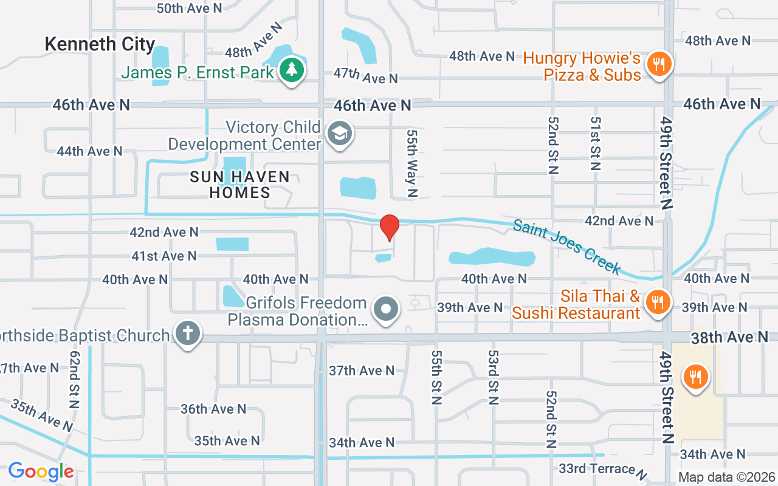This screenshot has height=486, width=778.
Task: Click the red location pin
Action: pyautogui.click(x=389, y=228)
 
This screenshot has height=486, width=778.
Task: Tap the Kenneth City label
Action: pyautogui.click(x=100, y=44)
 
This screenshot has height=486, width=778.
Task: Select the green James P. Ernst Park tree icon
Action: pyautogui.click(x=292, y=70)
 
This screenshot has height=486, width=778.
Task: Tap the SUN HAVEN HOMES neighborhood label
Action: pyautogui.click(x=240, y=185)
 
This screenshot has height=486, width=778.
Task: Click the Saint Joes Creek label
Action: pyautogui.click(x=567, y=247)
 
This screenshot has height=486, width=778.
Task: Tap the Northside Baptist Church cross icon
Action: pyautogui.click(x=188, y=334)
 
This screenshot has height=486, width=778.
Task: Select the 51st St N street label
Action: pyautogui.click(x=594, y=143)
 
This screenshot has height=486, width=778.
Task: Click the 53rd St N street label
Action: pyautogui.click(x=493, y=377)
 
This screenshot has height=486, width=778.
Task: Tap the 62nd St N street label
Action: pyautogui.click(x=75, y=379)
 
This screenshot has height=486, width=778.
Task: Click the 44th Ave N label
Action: pyautogui.click(x=89, y=151)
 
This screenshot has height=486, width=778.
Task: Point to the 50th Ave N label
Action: pyautogui.click(x=189, y=8)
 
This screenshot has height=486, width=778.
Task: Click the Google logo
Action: pyautogui.click(x=41, y=471)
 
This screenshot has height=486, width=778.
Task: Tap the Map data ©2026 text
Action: pyautogui.click(x=726, y=477)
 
